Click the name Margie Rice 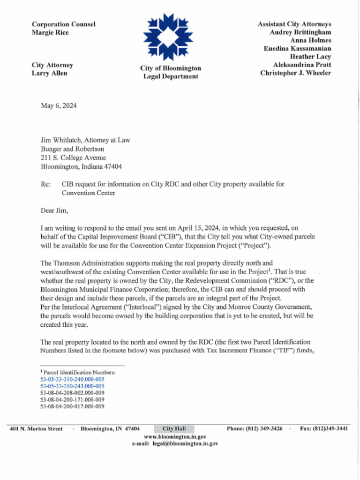pos(50,32)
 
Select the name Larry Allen pos(49,73)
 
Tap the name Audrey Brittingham pos(300,32)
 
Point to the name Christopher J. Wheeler pos(296,73)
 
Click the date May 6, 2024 pos(59,105)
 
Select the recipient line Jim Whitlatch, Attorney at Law pos(85,140)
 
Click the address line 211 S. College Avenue pos(73,157)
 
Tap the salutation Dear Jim pos(54,210)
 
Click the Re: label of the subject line pos(45,184)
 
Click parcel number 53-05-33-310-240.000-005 pos(72,379)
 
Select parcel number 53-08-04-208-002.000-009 pos(72,392)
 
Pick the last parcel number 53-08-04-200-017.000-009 pos(72,406)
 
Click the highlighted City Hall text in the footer pos(174,428)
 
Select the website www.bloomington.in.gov pos(175,436)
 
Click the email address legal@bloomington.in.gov pos(185,443)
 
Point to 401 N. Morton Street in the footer pos(36,428)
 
